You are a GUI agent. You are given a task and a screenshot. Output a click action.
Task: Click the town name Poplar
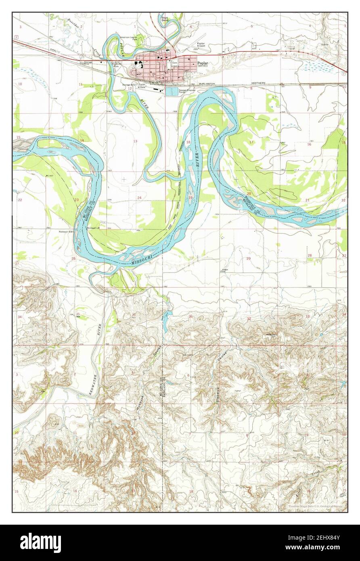(x=203, y=63)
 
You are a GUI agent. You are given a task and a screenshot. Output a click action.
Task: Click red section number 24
(x=139, y=197)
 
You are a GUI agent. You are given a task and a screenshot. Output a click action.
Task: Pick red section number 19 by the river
(x=190, y=197)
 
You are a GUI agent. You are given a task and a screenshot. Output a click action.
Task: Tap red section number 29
(x=249, y=258)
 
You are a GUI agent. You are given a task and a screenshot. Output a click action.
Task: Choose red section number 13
(x=136, y=141)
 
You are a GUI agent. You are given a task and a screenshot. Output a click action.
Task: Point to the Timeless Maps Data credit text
(x=317, y=506)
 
